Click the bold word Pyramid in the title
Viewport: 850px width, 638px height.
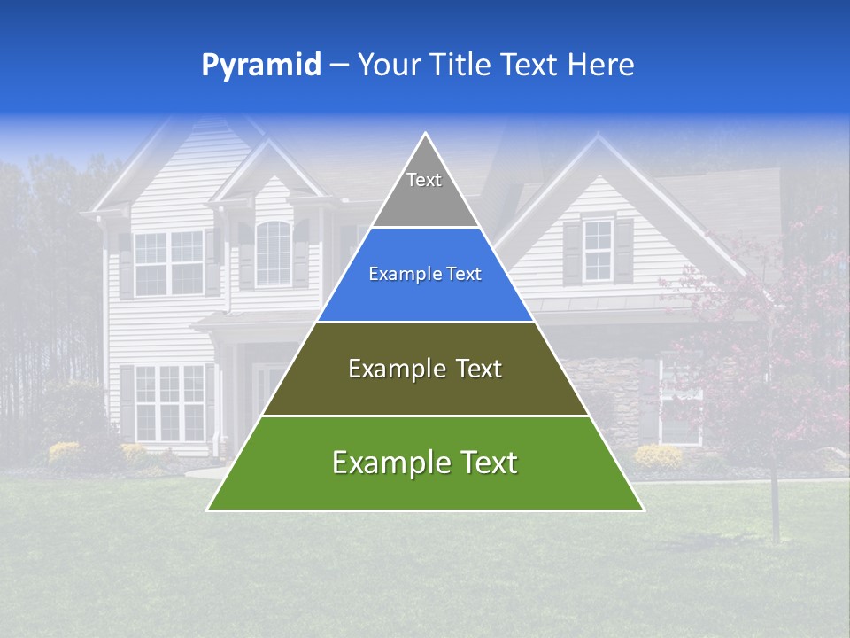coord(261,65)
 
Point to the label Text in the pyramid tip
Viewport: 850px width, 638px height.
coord(424,180)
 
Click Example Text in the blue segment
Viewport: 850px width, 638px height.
coord(425,274)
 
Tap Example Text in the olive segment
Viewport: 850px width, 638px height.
coord(425,369)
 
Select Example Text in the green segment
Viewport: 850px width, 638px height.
coord(425,463)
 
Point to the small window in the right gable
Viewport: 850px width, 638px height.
coord(598,250)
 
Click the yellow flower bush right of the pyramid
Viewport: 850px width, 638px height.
coord(658,456)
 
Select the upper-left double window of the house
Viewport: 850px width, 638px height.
coord(169,262)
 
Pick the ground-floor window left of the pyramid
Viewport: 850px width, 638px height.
coord(169,403)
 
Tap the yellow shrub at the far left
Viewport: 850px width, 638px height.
coord(64,452)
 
